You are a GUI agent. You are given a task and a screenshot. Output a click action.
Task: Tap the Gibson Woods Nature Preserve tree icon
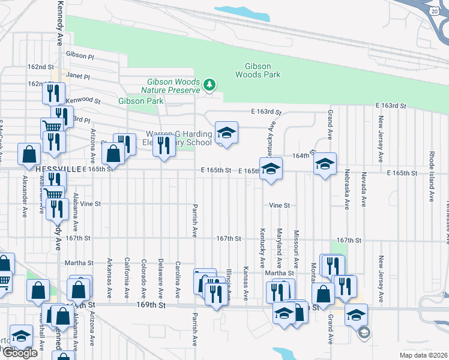click(x=209, y=85)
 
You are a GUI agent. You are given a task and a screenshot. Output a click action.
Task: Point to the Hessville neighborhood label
click(x=58, y=170)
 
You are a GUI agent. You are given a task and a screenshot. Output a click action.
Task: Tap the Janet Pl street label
click(x=78, y=77)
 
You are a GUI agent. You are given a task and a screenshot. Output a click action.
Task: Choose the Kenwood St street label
click(x=84, y=99)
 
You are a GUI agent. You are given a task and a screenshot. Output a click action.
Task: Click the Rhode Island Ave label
click(x=432, y=176)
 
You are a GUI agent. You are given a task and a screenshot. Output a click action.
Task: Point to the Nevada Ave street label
click(x=363, y=189)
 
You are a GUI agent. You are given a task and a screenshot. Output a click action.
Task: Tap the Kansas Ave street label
click(x=246, y=283)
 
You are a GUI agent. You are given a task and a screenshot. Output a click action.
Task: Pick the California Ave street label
click(x=127, y=278)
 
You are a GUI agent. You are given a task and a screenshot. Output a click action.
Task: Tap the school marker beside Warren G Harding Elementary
click(x=226, y=133)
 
